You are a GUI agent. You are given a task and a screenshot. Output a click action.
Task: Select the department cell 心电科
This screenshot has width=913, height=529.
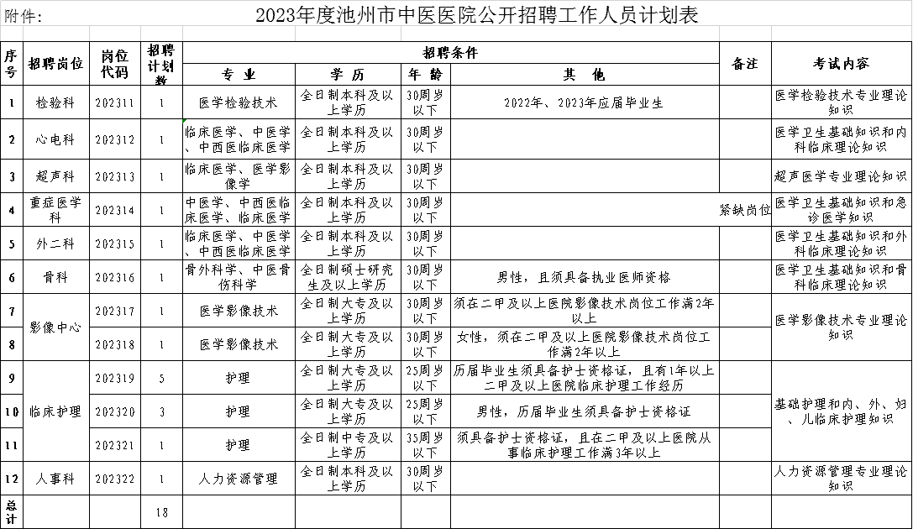pyautogui.click(x=55, y=139)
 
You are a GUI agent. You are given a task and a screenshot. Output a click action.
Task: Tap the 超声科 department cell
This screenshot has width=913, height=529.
pyautogui.click(x=55, y=176)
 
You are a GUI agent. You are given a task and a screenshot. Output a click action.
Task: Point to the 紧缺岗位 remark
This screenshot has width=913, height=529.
pyautogui.click(x=745, y=210)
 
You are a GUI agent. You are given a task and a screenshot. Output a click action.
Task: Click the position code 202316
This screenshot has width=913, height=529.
pyautogui.click(x=114, y=277)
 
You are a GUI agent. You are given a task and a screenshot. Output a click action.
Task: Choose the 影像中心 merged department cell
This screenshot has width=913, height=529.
pyautogui.click(x=55, y=327)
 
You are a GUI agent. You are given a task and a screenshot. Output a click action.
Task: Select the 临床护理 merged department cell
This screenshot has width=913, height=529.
pyautogui.click(x=55, y=411)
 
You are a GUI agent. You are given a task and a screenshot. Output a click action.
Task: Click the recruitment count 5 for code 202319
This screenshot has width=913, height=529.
pyautogui.click(x=161, y=379)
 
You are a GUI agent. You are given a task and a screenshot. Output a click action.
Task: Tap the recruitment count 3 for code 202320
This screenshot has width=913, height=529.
pyautogui.click(x=161, y=411)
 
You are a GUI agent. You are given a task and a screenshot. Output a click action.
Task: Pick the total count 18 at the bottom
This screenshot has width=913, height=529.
pyautogui.click(x=161, y=511)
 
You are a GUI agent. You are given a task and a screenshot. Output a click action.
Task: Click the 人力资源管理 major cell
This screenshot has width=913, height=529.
pyautogui.click(x=238, y=479)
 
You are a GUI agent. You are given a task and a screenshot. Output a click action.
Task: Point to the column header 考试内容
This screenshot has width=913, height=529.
pyautogui.click(x=840, y=64)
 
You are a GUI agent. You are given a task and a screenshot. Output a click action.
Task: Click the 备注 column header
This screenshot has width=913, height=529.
pyautogui.click(x=745, y=64)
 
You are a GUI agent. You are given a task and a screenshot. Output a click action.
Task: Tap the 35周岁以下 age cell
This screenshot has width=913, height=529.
pyautogui.click(x=425, y=444)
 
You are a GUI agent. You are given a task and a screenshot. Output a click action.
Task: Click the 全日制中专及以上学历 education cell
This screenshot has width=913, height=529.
pyautogui.click(x=347, y=444)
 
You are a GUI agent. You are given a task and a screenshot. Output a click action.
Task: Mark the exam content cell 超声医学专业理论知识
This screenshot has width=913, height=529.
pyautogui.click(x=840, y=176)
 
